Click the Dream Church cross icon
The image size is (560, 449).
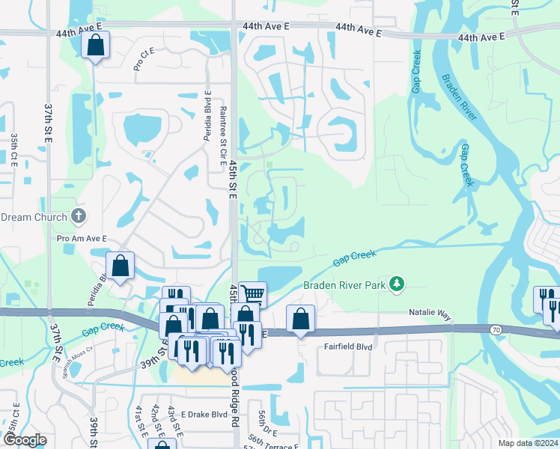pyautogui.click(x=79, y=217)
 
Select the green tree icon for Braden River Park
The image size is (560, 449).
pyautogui.click(x=397, y=284)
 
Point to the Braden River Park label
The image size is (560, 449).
pyautogui.click(x=345, y=284)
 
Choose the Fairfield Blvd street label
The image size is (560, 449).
pyautogui.click(x=347, y=346)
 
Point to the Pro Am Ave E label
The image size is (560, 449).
pyautogui.click(x=82, y=239)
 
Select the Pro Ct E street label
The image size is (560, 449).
pyautogui.click(x=143, y=59)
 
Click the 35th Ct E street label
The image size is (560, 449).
pyautogui.click(x=14, y=152)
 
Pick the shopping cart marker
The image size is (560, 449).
pyautogui.click(x=252, y=294)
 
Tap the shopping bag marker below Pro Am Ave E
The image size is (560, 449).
pyautogui.click(x=120, y=266)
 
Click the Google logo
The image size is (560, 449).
pyautogui.click(x=25, y=440)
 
